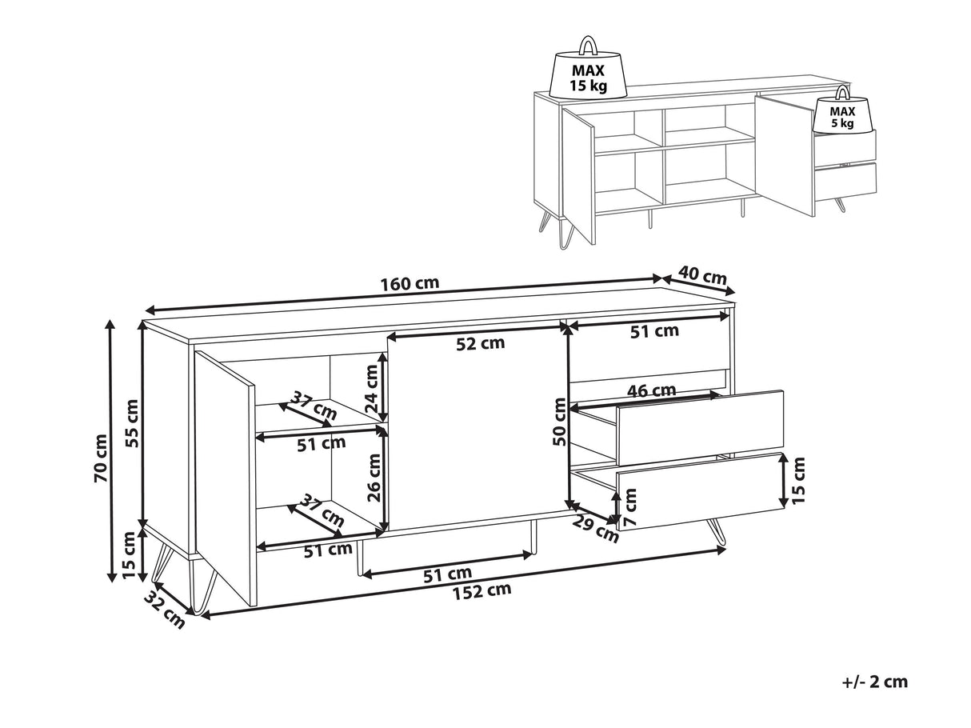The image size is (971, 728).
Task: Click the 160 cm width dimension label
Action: [410, 283]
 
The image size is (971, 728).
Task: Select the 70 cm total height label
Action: [101, 458]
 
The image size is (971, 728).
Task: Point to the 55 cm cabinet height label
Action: [132, 423]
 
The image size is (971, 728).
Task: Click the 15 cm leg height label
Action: [128, 554]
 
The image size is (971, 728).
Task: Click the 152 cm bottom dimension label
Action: [482, 590]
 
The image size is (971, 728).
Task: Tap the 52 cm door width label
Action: [481, 343]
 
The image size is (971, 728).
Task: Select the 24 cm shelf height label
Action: [372, 389]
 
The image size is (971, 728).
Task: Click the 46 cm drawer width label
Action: [652, 390]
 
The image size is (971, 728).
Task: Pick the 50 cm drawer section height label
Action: [560, 422]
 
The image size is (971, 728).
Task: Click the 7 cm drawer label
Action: [630, 507]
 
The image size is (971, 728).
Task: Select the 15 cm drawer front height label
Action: [799, 480]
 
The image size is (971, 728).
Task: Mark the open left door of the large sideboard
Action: [224, 478]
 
